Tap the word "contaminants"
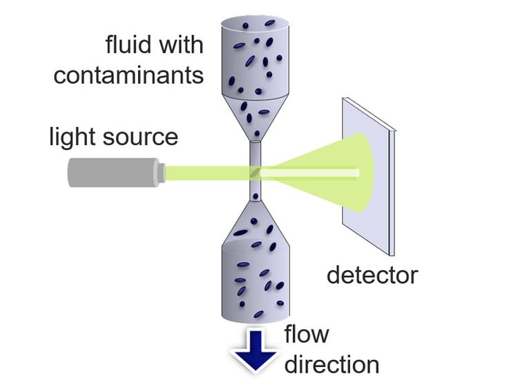click(129, 75)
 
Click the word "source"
click(142, 136)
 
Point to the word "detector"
click(372, 275)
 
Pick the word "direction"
click(332, 363)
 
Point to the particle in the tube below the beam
click(256, 198)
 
